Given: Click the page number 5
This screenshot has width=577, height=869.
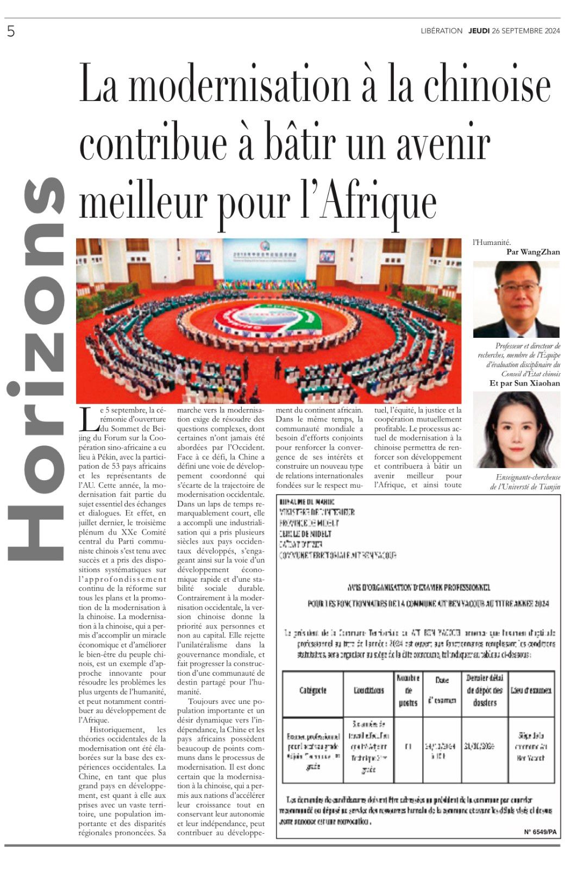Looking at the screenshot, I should [11, 32].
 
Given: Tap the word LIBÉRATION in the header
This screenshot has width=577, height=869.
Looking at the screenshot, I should [441, 31].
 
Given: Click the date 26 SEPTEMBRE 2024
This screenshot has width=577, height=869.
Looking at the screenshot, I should [525, 31].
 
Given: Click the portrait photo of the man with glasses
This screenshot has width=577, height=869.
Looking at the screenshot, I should [516, 299].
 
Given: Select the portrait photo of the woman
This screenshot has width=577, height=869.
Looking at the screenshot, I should [516, 430].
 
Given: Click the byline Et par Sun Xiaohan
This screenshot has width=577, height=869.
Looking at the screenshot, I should [524, 383].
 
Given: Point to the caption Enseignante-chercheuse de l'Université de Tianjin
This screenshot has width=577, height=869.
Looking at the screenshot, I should [525, 482].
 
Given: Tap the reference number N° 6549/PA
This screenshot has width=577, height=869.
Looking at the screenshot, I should [540, 832].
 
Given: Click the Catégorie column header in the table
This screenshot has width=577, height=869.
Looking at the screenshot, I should [312, 690].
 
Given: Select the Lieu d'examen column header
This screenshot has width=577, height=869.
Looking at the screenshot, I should [531, 690].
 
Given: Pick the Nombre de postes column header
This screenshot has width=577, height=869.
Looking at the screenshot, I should [408, 690].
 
